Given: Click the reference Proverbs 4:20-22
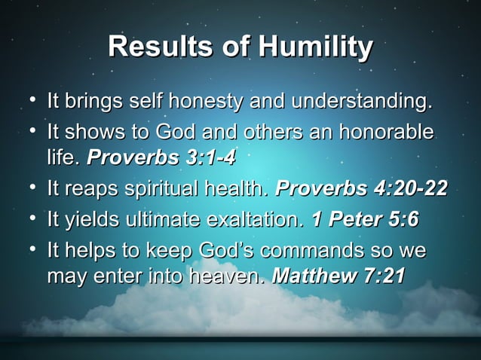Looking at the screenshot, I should pos(362,188).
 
